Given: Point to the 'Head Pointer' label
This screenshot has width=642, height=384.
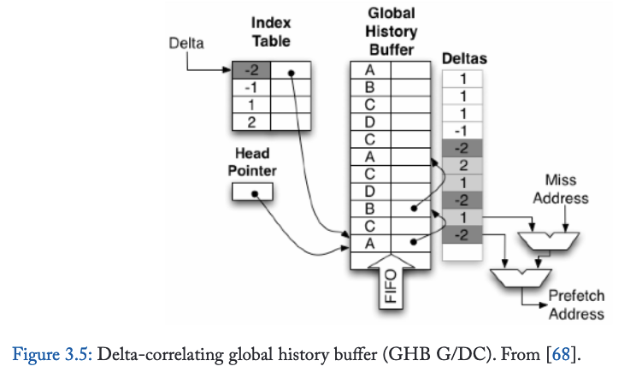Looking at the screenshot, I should point(252,162).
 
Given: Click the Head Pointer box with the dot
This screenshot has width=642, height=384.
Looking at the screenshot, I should point(252,193).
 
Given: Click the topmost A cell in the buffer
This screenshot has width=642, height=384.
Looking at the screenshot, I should point(370,72).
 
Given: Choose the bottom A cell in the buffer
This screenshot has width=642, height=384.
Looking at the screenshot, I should point(370,242).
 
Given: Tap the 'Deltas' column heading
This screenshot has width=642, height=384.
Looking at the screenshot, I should point(463,58).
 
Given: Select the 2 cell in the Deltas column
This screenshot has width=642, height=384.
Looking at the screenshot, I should point(463,163).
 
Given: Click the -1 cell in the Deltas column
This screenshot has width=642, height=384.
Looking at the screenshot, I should point(463,130).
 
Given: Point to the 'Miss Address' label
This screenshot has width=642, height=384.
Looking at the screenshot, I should point(560,190).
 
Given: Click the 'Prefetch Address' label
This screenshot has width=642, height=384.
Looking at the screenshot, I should point(576,304).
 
